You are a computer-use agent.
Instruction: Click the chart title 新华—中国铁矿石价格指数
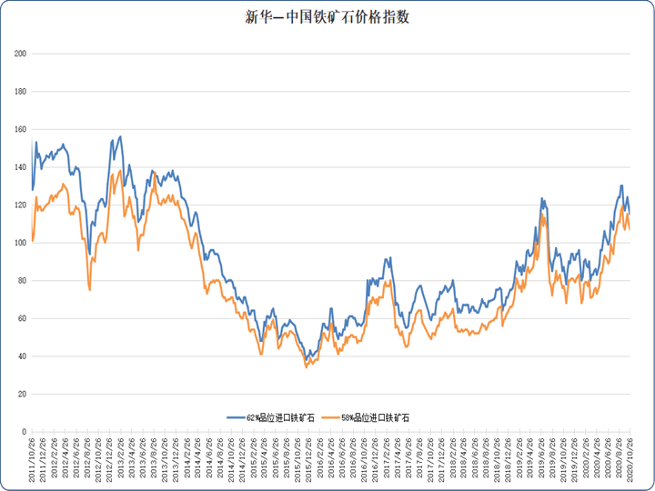tap(327, 17)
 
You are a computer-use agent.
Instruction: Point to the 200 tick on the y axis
tap(20, 54)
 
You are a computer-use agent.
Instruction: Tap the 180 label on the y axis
tap(20, 92)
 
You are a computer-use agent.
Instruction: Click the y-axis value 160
tap(20, 129)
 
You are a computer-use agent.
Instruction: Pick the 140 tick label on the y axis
tap(20, 167)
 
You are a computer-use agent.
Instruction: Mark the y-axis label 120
tap(20, 205)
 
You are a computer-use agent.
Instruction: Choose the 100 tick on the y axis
tap(20, 243)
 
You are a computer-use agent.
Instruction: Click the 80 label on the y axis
tap(22, 280)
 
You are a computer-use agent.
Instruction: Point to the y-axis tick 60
tap(22, 318)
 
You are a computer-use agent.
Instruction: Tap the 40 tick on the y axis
tap(22, 356)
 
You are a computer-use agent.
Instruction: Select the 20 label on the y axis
tap(22, 394)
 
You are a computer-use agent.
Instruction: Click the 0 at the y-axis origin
tap(24, 431)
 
